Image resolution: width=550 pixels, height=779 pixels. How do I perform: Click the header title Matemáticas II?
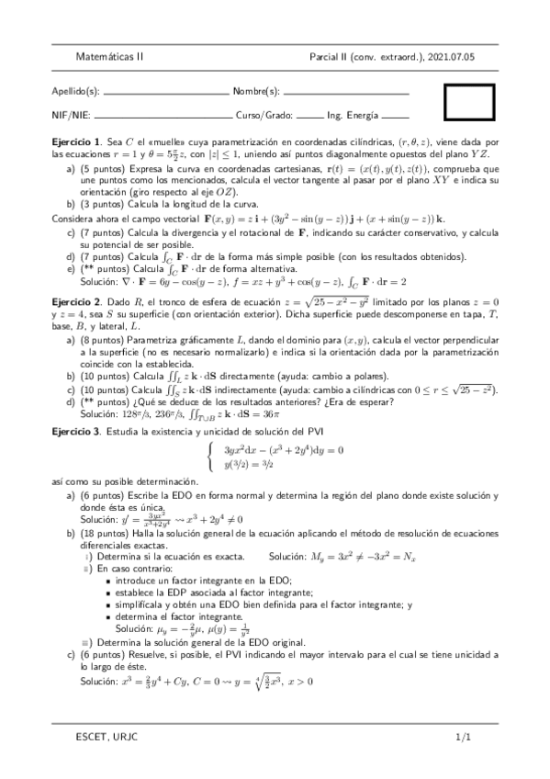109,56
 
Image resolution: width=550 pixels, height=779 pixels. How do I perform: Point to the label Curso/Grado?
264,116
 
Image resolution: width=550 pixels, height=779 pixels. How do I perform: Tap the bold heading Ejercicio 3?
76,431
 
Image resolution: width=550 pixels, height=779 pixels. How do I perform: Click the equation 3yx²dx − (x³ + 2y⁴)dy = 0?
283,450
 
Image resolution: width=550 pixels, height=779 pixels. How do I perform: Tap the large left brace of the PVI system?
212,457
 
